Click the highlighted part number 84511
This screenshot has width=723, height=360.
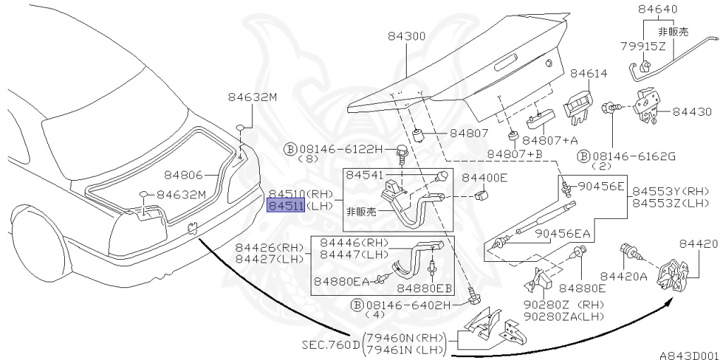[x=285, y=205]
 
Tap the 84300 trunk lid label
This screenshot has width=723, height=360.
[x=407, y=36]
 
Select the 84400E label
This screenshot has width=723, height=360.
[x=484, y=177]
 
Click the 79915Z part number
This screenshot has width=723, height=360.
[x=643, y=47]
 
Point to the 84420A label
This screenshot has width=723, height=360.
[x=623, y=276]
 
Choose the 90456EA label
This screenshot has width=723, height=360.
[x=562, y=234]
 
